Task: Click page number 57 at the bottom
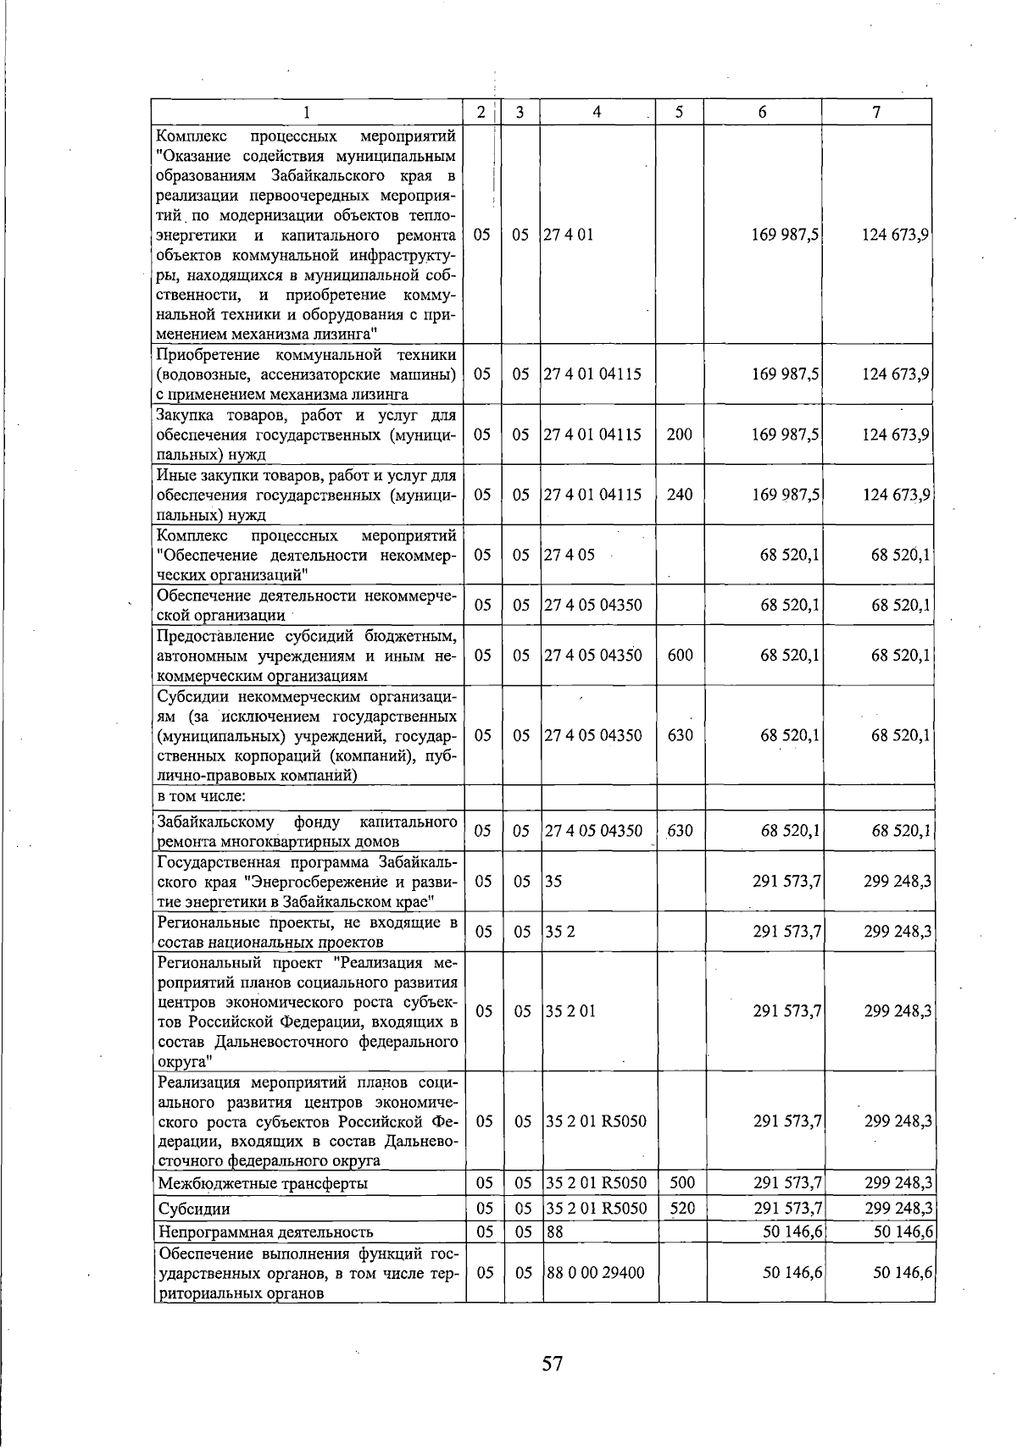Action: [x=553, y=1363]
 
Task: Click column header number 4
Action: [x=597, y=112]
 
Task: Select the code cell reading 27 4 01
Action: [x=568, y=235]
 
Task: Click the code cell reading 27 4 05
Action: [x=570, y=555]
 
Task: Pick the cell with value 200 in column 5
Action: [x=679, y=434]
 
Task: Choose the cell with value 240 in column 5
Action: [x=679, y=495]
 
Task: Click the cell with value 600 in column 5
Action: [x=680, y=655]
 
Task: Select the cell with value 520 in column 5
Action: [x=681, y=1209]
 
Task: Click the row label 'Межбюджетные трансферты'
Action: [x=263, y=1183]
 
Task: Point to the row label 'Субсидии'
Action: [x=194, y=1209]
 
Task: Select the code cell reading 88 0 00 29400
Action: [x=595, y=1272]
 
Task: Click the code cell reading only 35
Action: [x=553, y=881]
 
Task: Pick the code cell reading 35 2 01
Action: [x=570, y=1011]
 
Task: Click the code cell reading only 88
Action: [x=554, y=1231]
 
